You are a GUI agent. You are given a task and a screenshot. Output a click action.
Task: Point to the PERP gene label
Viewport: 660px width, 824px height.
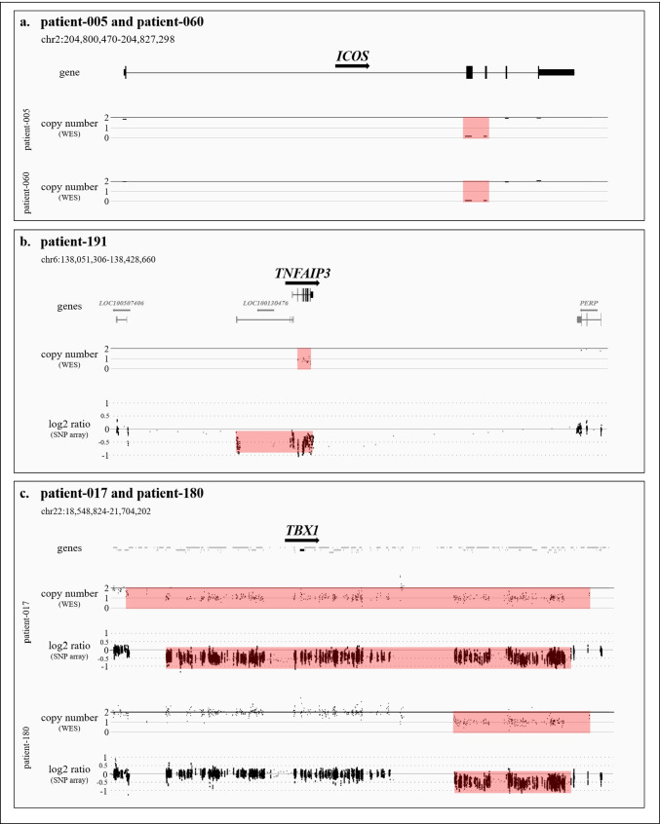tap(588, 303)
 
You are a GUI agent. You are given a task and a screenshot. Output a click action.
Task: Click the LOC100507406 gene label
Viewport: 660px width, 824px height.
tap(122, 303)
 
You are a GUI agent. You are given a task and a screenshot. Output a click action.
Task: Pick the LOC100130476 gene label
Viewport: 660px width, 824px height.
tap(265, 303)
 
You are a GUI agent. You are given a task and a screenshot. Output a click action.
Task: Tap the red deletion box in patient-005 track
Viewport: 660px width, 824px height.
tap(476, 128)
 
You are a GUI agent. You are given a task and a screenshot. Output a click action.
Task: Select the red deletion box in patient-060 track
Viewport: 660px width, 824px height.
tap(476, 191)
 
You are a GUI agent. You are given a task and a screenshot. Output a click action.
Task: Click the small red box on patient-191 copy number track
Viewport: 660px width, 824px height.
tap(304, 358)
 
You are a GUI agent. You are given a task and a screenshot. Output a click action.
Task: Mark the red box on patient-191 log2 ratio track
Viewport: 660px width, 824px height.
tap(274, 442)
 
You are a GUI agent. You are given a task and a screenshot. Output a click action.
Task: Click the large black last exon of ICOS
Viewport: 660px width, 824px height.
tap(557, 72)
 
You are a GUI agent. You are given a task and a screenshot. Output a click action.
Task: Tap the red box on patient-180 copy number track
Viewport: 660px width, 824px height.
tap(522, 722)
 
